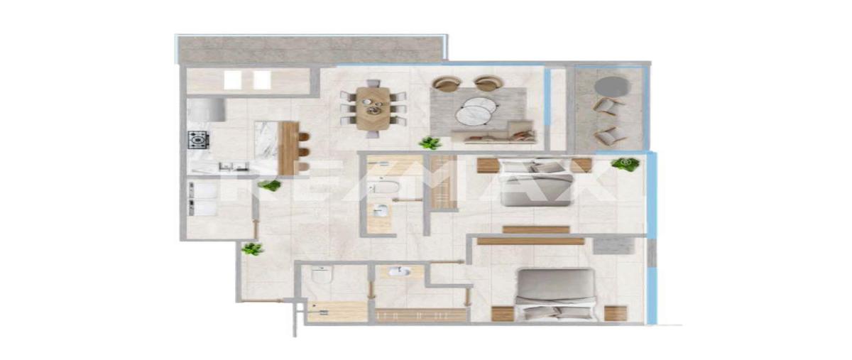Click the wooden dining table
(373, 109)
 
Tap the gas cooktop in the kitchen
(198, 139)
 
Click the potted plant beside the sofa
(430, 143)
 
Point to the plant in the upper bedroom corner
(626, 164)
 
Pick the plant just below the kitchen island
(269, 185)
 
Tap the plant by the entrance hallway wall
(252, 249)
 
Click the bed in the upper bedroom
(536, 182)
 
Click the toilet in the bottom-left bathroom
(322, 276)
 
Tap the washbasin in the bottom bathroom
(399, 272)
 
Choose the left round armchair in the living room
(447, 83)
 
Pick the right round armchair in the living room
(488, 83)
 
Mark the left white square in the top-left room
(232, 80)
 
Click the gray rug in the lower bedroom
(613, 246)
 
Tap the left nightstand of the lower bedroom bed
(503, 314)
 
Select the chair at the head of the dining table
(373, 84)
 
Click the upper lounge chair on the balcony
(608, 106)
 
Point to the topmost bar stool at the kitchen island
(305, 136)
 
